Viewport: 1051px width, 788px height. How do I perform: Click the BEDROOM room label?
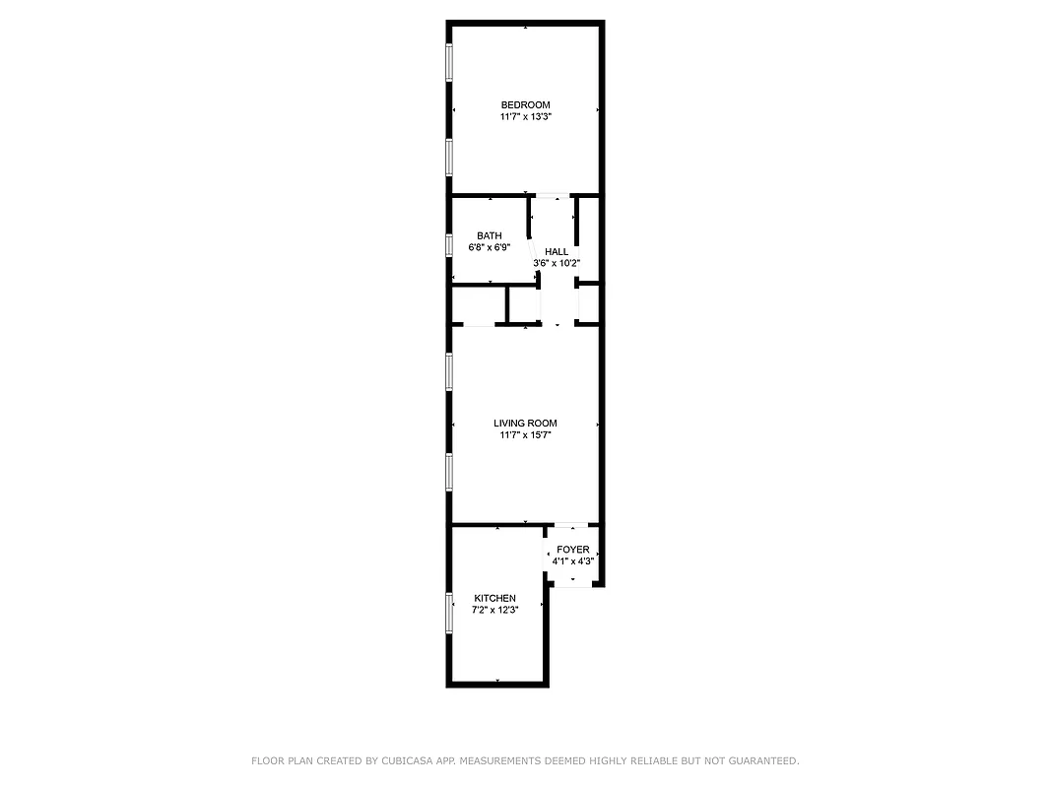(x=525, y=105)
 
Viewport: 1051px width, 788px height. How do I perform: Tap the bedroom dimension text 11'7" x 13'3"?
(x=525, y=117)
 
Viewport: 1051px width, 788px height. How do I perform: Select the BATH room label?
(x=490, y=235)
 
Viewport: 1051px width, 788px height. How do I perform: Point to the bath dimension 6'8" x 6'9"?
(x=490, y=247)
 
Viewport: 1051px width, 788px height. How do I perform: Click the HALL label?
(x=557, y=252)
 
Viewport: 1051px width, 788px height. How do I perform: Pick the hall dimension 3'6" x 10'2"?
(x=557, y=263)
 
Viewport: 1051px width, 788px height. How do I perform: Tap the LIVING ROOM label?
(x=525, y=424)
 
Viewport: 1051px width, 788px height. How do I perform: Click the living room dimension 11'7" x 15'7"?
(x=525, y=434)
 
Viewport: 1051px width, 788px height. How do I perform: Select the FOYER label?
(x=573, y=550)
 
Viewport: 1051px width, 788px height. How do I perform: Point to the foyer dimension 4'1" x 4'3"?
(x=573, y=561)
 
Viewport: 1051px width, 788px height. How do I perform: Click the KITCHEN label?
(x=494, y=599)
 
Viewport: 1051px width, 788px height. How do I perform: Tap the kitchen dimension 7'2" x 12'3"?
(x=494, y=610)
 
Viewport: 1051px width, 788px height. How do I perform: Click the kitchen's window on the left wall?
(x=449, y=613)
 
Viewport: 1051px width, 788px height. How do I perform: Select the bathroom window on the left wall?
(x=449, y=244)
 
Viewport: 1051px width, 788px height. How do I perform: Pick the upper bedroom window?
(x=449, y=63)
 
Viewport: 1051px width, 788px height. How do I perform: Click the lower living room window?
(x=449, y=471)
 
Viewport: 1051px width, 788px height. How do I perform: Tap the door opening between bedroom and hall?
(x=552, y=196)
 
